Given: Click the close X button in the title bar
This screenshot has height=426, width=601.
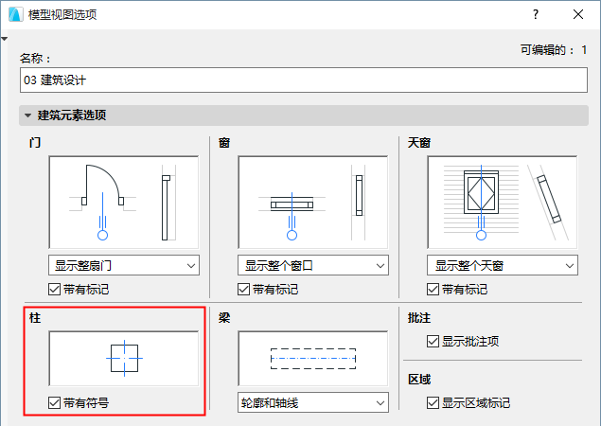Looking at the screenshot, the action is point(578,14).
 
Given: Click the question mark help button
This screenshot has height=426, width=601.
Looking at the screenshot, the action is point(536,14).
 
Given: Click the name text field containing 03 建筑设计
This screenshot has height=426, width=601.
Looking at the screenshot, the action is point(304,80).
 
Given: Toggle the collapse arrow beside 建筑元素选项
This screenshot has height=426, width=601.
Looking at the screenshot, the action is point(27,115).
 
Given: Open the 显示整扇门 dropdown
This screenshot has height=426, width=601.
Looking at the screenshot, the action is point(124,265).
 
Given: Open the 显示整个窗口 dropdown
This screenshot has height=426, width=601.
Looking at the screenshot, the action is point(313,265).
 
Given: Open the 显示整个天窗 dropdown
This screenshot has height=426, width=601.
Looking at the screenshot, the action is point(503,265).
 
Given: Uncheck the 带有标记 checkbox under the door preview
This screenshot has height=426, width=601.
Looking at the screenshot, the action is point(55,289).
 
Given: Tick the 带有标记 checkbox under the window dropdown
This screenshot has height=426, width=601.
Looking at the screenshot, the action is point(244,289).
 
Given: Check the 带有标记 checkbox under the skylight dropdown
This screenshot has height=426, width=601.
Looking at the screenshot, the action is point(433,289).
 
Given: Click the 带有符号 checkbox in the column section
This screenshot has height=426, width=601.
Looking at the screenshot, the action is point(55,402).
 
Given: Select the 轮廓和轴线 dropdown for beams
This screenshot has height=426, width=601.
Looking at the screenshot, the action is point(313,402).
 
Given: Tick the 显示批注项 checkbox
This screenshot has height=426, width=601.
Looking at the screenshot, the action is point(433,341).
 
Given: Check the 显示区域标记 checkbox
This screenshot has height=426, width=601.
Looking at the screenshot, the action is point(433,402).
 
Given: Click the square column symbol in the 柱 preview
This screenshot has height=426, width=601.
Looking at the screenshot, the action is point(111,358).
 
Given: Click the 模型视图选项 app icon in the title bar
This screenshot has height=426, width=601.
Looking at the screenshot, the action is point(16,14).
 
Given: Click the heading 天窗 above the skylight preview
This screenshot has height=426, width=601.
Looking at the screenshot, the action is point(419,143).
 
